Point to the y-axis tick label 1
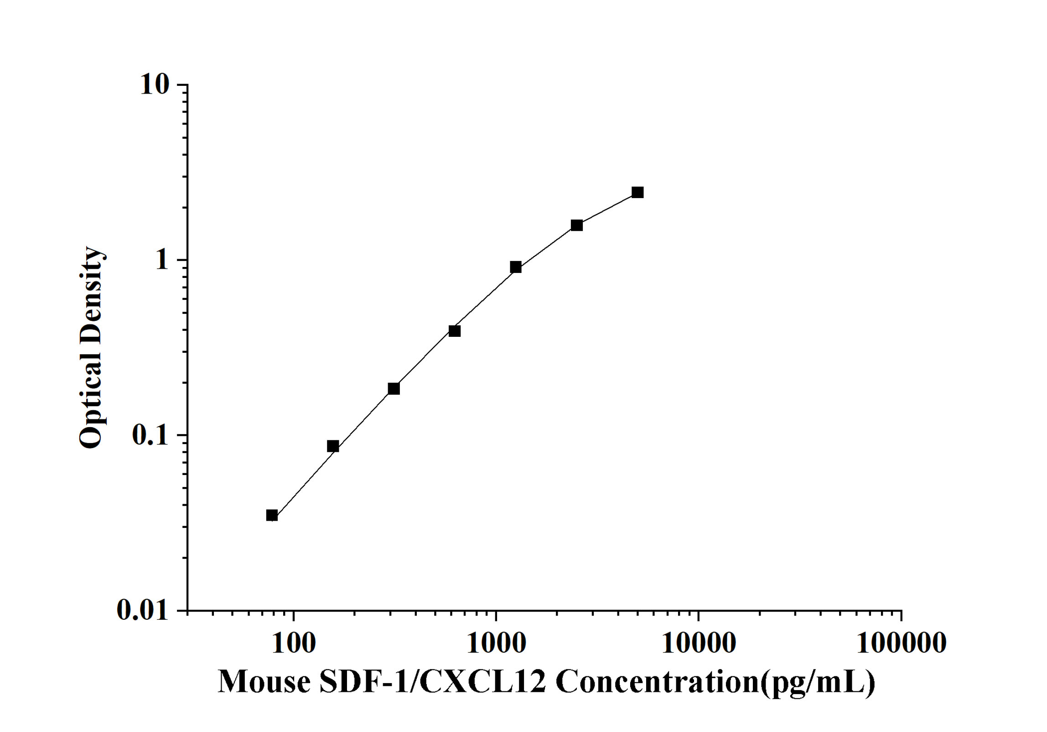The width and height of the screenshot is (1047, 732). click(x=162, y=260)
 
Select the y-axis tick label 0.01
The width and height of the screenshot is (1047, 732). click(x=143, y=610)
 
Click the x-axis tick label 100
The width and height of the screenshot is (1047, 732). click(x=293, y=643)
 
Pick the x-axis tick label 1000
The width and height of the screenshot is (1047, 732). click(x=496, y=643)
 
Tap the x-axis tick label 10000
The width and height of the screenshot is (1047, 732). click(x=698, y=643)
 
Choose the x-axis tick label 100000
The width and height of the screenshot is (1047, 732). click(x=901, y=643)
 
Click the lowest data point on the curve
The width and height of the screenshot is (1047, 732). click(x=272, y=516)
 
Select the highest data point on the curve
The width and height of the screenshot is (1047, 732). click(x=638, y=192)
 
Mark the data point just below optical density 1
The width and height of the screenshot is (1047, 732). click(x=516, y=267)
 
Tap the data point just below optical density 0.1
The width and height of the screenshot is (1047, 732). click(x=333, y=446)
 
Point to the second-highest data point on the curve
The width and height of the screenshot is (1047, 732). click(x=577, y=225)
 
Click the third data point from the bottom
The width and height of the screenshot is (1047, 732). click(x=394, y=388)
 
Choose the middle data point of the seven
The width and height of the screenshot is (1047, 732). click(x=455, y=331)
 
